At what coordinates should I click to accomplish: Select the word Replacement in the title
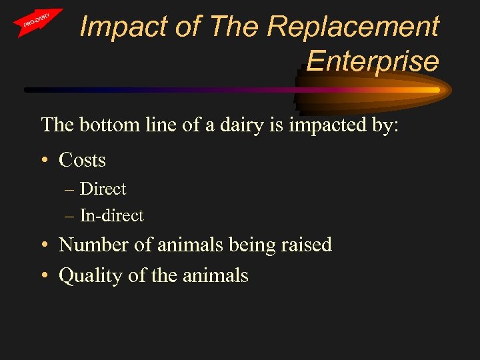tap(353, 27)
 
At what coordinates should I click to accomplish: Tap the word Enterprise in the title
tap(373, 61)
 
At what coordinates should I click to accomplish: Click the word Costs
tap(82, 160)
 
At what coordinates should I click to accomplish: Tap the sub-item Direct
tap(103, 189)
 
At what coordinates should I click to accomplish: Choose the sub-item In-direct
tap(111, 216)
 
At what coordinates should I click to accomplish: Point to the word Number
tap(94, 245)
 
